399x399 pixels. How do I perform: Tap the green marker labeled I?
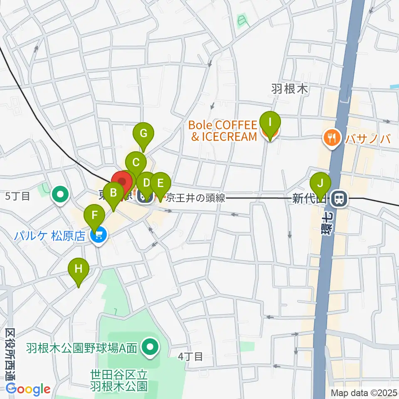tap(270, 123)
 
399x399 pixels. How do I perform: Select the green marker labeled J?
tap(320, 183)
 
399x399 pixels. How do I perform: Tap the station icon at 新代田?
tap(340, 199)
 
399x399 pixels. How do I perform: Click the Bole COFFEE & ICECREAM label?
tap(223, 131)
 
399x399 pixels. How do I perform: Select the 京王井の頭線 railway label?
tap(195, 198)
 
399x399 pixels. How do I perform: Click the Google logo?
tap(28, 389)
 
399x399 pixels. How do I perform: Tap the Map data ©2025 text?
tap(364, 392)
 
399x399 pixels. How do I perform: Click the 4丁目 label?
tap(190, 356)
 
